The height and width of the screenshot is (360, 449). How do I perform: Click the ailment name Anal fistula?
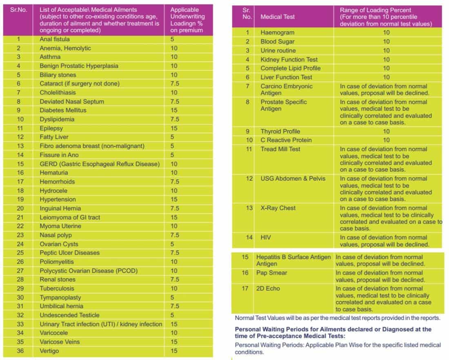coord(55,39)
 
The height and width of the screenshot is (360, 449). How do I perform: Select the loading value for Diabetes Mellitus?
coord(174,110)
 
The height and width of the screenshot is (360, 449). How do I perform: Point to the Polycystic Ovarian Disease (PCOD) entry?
coord(89,271)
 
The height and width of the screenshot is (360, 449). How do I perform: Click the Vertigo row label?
coord(49,351)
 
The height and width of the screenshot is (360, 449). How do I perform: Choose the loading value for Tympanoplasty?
coord(172,297)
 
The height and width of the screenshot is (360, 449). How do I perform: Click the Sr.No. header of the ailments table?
coord(18,10)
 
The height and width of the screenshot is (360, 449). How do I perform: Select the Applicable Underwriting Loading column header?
coord(187,20)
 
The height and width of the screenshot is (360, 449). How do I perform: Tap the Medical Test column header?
coord(278,17)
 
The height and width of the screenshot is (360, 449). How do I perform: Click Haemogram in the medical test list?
coord(278,32)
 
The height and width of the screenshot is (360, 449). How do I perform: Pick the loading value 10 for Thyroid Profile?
coord(386,131)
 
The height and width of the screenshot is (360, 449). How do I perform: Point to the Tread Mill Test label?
coord(280,149)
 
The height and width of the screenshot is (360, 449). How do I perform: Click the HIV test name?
coord(266,237)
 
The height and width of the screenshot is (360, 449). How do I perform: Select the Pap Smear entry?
coord(271,273)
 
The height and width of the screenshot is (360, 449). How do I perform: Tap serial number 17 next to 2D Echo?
coord(245,288)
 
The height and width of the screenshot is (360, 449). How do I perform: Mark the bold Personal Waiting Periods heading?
coord(333,332)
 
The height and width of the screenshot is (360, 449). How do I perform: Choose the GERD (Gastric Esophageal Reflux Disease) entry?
coord(100,164)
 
